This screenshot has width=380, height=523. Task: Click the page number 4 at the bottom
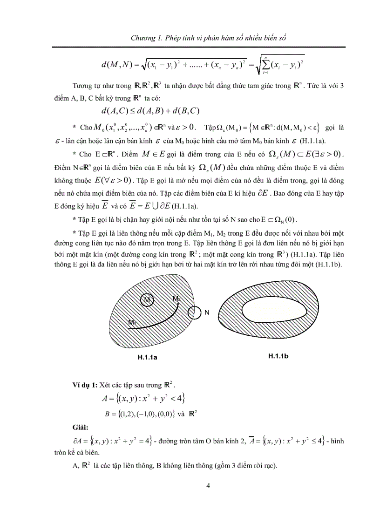click(x=209, y=486)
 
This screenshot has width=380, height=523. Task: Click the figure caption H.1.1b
click(x=278, y=356)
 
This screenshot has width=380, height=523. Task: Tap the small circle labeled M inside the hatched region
click(x=147, y=300)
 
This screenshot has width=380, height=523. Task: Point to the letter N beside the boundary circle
click(x=207, y=313)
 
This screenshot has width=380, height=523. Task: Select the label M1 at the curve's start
click(x=133, y=322)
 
